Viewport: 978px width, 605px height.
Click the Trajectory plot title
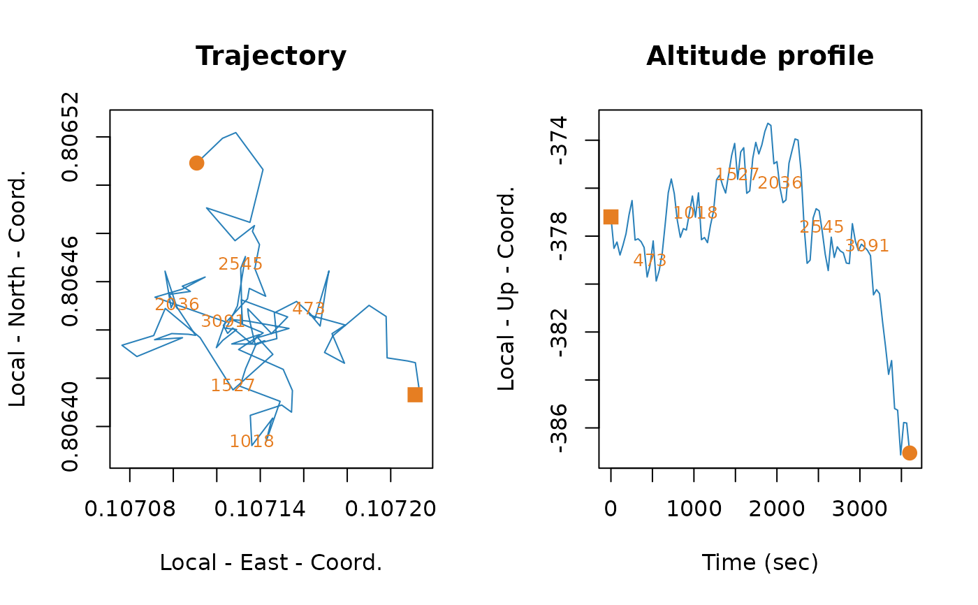pos(271,56)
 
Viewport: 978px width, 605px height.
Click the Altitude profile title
pos(759,56)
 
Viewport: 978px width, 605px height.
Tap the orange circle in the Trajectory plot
pos(196,163)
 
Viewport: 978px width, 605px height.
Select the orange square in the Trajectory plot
pos(415,395)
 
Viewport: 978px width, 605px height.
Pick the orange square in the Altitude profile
pos(611,217)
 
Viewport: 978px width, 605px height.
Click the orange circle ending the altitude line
pos(909,453)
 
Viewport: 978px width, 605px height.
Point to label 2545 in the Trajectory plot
pos(240,264)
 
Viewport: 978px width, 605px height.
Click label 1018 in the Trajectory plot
pos(251,442)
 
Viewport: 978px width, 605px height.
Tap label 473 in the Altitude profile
pos(650,261)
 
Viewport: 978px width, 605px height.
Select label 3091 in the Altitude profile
pos(866,246)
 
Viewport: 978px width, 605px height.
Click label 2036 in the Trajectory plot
pos(177,305)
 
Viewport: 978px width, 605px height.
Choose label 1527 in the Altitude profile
pos(737,175)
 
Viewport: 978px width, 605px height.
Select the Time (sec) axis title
pos(759,562)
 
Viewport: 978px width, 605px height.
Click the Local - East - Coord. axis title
pos(271,562)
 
